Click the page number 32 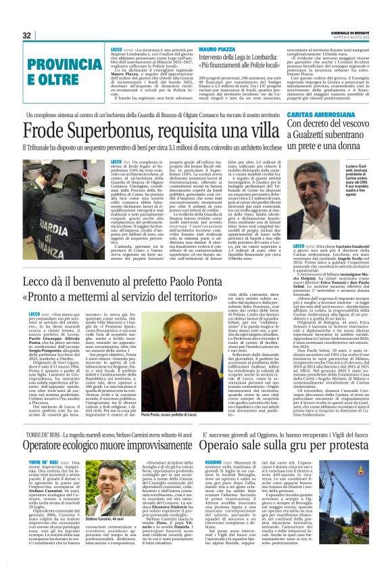26,35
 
